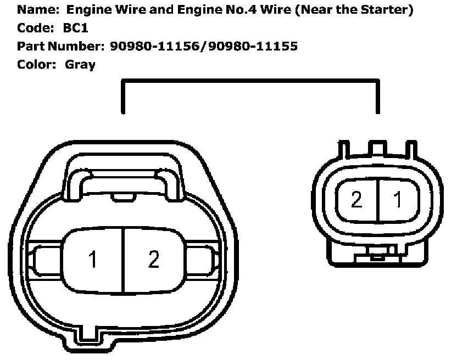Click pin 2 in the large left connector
pos(153,259)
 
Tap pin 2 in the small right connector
pos(356,200)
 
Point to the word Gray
pos(80,64)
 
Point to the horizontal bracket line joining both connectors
pos(250,81)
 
